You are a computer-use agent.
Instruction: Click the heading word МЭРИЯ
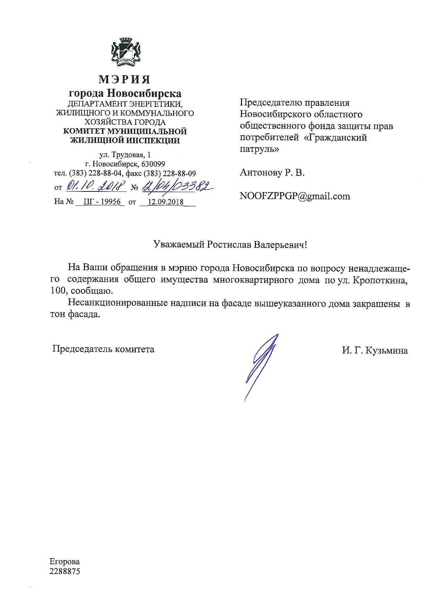[125, 79]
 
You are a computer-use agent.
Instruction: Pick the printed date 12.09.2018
[165, 202]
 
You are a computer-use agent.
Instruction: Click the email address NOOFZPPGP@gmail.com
[295, 196]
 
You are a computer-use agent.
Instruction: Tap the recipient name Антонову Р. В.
[272, 173]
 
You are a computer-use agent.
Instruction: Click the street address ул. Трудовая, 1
[125, 155]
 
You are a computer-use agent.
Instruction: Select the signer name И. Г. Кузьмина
[375, 351]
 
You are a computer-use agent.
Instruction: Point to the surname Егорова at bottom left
[65, 562]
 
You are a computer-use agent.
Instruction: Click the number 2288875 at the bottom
[65, 571]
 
